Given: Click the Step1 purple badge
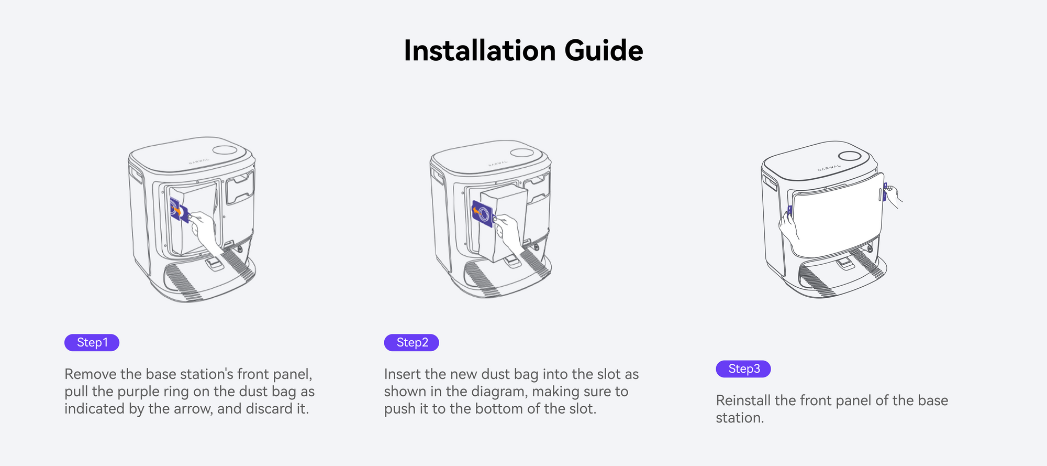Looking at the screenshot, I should (92, 343).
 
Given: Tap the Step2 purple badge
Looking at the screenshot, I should (411, 343).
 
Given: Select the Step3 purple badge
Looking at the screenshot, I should (743, 369).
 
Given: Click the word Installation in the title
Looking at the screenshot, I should (480, 51).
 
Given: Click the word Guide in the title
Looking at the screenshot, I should (604, 51).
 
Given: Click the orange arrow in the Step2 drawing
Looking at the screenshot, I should (476, 211).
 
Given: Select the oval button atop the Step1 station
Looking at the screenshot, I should (225, 149).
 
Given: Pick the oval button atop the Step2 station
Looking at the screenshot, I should (522, 153).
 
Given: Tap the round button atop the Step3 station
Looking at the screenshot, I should (849, 156).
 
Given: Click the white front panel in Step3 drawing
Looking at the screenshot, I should (838, 215).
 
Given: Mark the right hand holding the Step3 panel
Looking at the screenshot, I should (893, 195).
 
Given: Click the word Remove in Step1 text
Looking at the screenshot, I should (91, 374).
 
